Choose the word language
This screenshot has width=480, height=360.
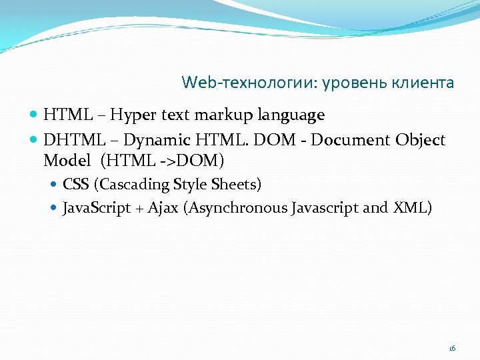point(290,116)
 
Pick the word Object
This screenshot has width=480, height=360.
point(420,141)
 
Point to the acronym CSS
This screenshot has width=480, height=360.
point(75,184)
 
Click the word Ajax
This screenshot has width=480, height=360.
point(163,208)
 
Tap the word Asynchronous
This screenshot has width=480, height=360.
point(238,208)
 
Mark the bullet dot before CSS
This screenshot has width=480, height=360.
point(55,185)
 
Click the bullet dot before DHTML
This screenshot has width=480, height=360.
point(35,141)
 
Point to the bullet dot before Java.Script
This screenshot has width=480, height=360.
point(55,209)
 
